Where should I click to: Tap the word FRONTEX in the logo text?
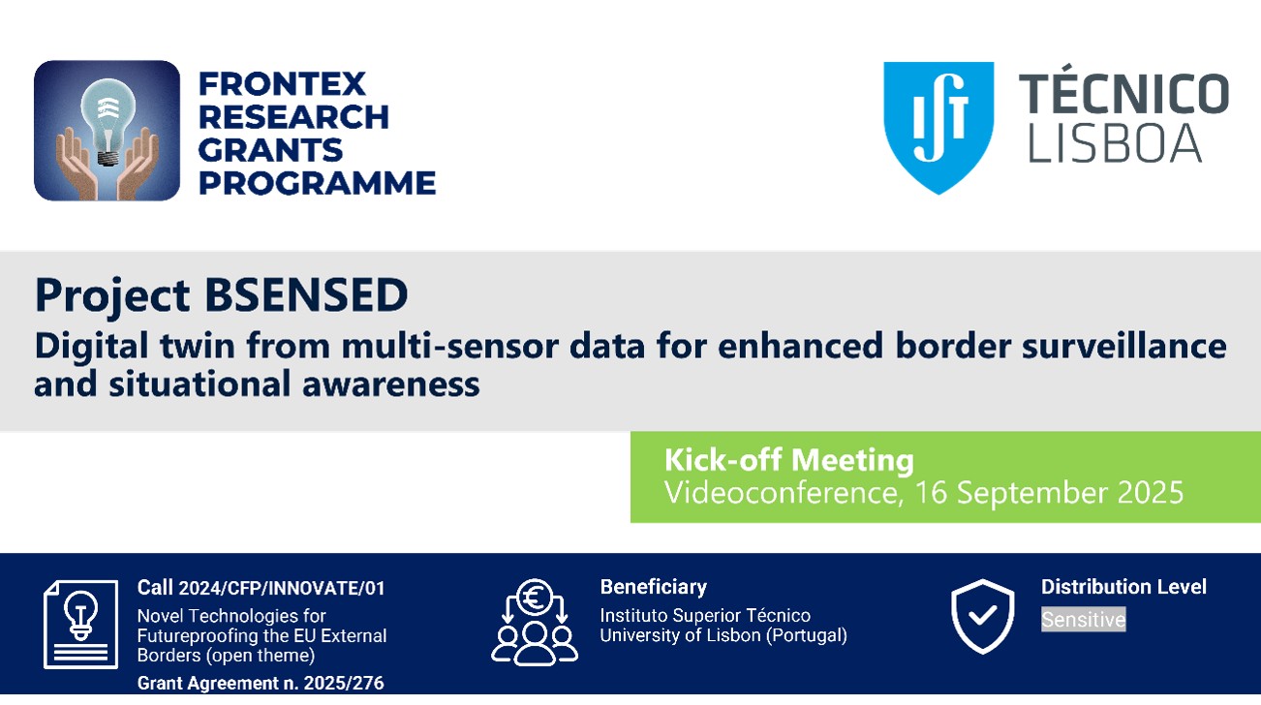[x=282, y=84]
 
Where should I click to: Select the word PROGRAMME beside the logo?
[x=317, y=183]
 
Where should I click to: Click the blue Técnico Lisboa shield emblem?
[x=938, y=127]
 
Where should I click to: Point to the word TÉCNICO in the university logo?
[x=1123, y=93]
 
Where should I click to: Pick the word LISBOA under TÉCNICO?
[x=1115, y=143]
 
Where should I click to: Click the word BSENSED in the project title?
[x=306, y=294]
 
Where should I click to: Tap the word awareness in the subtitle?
[x=391, y=384]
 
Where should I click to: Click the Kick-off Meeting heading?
[x=789, y=459]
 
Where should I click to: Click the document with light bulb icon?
[x=81, y=624]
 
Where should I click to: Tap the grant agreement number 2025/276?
[x=344, y=683]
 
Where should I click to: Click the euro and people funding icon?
[x=535, y=623]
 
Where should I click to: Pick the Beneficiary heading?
[x=653, y=587]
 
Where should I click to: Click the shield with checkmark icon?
[x=983, y=617]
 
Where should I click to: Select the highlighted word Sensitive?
[x=1083, y=620]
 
